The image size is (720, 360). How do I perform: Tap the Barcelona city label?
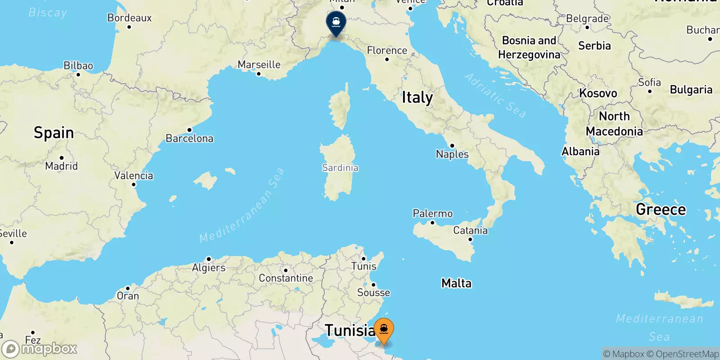pyautogui.click(x=189, y=138)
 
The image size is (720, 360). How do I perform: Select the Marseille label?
pyautogui.click(x=259, y=65)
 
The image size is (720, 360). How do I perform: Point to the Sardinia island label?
pyautogui.click(x=340, y=168)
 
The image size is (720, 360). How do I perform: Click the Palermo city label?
pyautogui.click(x=432, y=213)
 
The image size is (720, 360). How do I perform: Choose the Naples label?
pyautogui.click(x=452, y=154)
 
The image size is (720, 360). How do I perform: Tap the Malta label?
pyautogui.click(x=456, y=283)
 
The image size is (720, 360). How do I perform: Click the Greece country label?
pyautogui.click(x=661, y=209)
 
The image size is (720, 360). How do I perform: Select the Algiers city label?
pyautogui.click(x=208, y=268)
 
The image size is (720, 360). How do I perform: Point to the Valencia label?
pyautogui.click(x=133, y=175)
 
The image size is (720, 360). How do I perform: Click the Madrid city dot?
pyautogui.click(x=61, y=158)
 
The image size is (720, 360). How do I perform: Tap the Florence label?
pyautogui.click(x=387, y=50)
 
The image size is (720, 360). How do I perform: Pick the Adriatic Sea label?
pyautogui.click(x=495, y=95)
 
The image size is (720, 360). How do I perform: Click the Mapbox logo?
pyautogui.click(x=39, y=349)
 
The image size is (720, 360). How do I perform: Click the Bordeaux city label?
pyautogui.click(x=129, y=18)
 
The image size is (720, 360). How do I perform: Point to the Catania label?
pyautogui.click(x=470, y=230)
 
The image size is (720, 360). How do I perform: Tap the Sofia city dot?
pyautogui.click(x=649, y=91)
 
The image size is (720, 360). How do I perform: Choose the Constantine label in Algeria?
pyautogui.click(x=286, y=278)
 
